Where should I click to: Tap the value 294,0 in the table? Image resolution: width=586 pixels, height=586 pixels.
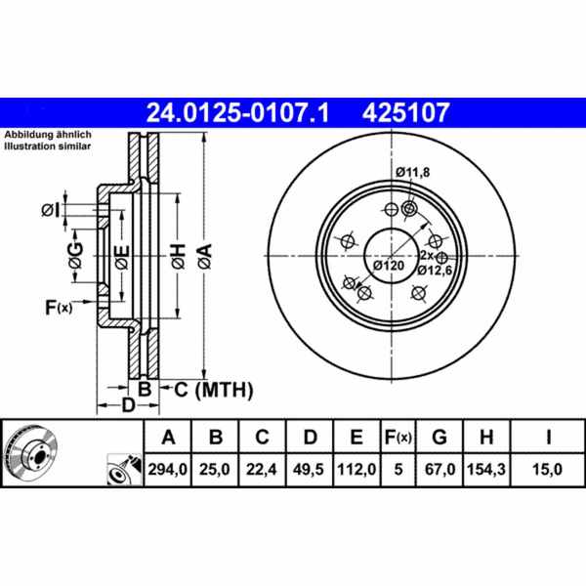point(166,471)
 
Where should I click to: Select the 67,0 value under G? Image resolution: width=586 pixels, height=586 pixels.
point(442,471)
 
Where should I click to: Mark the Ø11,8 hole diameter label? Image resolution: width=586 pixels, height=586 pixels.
point(413,173)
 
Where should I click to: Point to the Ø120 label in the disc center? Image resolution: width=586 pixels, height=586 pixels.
point(388,265)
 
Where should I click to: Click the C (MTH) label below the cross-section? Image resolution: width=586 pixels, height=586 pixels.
point(213,391)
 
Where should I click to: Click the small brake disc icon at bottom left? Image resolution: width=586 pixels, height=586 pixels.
point(31,455)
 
